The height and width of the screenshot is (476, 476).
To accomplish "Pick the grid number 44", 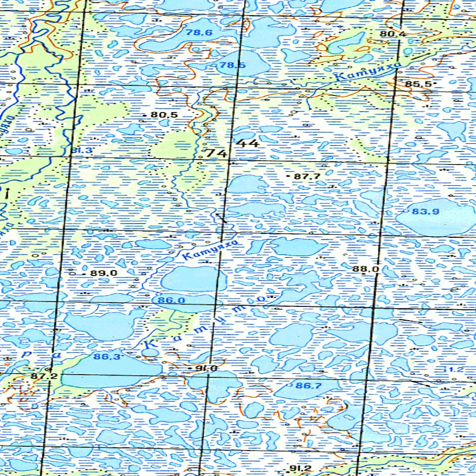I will click(x=247, y=143).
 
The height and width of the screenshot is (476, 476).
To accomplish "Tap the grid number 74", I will click(x=216, y=153).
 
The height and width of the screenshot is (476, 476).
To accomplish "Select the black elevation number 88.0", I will click(x=366, y=269).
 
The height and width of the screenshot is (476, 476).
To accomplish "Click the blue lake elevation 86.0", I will click(x=171, y=300).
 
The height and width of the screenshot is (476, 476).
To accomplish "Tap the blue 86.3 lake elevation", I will click(x=107, y=357).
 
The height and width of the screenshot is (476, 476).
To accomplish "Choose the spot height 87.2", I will click(x=44, y=375).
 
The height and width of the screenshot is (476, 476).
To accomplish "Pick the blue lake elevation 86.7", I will click(x=309, y=385).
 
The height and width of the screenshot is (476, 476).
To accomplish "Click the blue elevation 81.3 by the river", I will click(x=82, y=150).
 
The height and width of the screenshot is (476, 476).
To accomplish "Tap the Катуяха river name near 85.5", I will click(x=367, y=73).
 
